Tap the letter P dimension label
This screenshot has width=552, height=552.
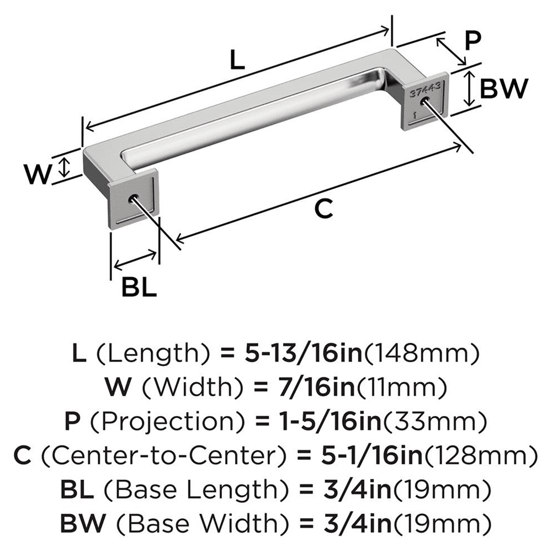point(473,41)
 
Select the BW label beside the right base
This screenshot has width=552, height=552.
point(503,88)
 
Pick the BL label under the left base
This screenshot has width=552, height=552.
point(137,287)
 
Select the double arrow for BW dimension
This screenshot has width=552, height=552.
point(469,88)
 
